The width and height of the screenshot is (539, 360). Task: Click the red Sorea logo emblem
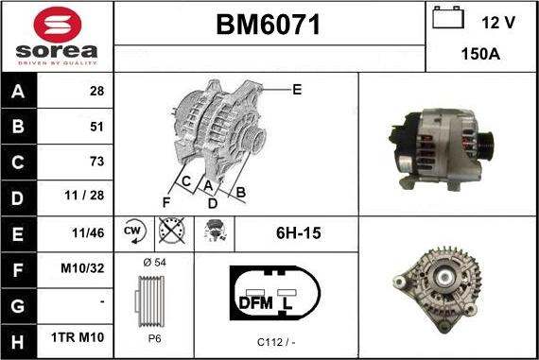pyautogui.click(x=58, y=25)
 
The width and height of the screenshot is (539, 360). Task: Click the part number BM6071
pyautogui.click(x=269, y=25)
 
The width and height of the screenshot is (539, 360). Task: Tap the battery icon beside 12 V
pyautogui.click(x=448, y=18)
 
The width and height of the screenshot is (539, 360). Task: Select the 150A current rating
pyautogui.click(x=480, y=54)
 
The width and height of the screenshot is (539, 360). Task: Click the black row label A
pyautogui.click(x=18, y=92)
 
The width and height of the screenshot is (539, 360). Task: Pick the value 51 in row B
pyautogui.click(x=97, y=128)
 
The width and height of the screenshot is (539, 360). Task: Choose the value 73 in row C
pyautogui.click(x=97, y=162)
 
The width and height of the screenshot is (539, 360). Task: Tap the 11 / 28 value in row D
pyautogui.click(x=84, y=196)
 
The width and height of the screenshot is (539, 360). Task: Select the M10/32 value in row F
pyautogui.click(x=82, y=268)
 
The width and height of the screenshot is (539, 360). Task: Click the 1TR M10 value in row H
pyautogui.click(x=78, y=337)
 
